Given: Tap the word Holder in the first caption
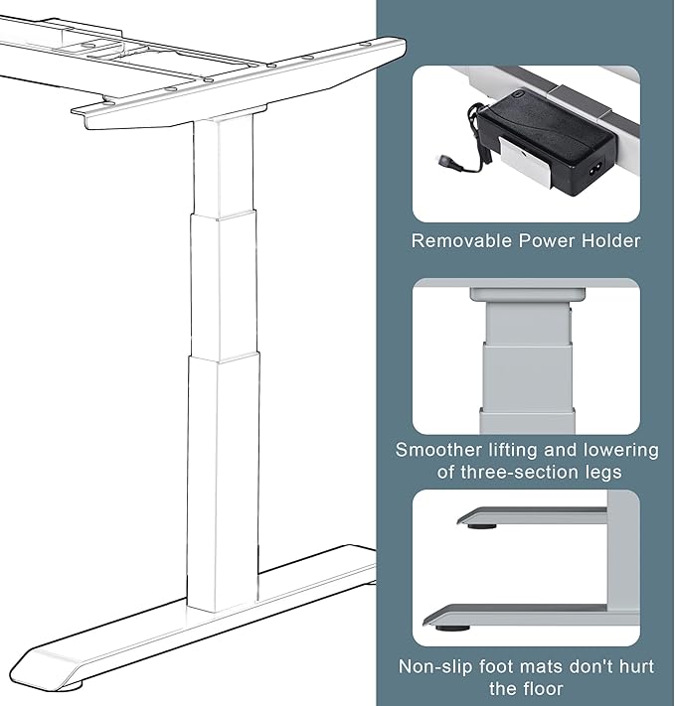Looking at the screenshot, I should (x=607, y=240).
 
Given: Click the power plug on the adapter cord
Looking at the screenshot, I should (x=446, y=159).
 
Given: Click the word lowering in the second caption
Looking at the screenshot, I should (x=616, y=450).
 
